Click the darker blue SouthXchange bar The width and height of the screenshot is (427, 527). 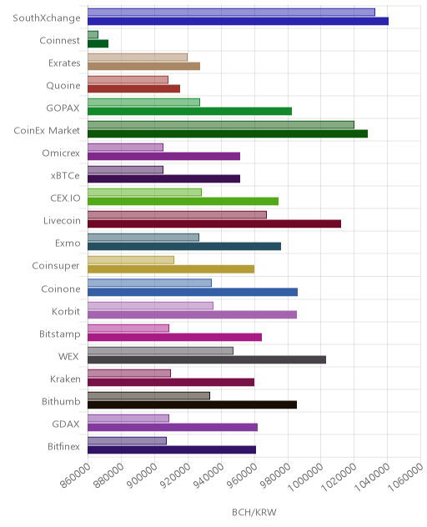(238, 21)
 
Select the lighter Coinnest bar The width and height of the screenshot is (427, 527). (93, 35)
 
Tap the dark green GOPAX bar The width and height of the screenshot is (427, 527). (189, 111)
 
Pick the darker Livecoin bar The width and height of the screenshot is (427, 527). (214, 223)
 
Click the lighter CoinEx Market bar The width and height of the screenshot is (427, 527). (221, 125)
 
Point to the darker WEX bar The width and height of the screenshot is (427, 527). (207, 359)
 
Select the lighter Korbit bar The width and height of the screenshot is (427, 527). (150, 305)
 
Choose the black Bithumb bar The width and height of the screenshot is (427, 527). (193, 404)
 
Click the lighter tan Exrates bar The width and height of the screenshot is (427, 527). (138, 58)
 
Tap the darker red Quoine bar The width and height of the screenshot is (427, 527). (133, 88)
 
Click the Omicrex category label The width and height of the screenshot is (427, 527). (61, 153)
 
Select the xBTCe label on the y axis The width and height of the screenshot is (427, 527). (65, 176)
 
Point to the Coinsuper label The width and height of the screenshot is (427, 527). (56, 266)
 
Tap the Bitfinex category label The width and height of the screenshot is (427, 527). (63, 446)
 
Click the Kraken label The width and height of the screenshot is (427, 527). (65, 379)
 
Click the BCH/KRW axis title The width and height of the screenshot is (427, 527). (254, 512)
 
